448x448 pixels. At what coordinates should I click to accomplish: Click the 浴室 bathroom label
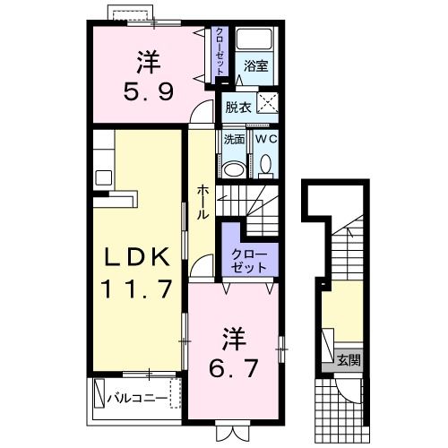click(256, 65)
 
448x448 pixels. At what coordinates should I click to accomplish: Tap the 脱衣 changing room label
click(238, 107)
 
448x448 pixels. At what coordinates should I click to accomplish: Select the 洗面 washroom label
click(234, 140)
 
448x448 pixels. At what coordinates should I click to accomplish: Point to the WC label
click(266, 140)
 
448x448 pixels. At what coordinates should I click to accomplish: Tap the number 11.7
click(135, 291)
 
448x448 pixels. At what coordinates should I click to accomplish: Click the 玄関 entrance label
click(349, 361)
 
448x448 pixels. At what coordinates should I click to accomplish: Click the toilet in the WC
click(266, 164)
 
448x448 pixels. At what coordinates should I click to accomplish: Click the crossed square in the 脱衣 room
click(268, 102)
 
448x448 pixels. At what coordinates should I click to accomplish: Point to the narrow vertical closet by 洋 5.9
click(219, 54)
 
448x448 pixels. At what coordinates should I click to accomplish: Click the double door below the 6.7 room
click(230, 431)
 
